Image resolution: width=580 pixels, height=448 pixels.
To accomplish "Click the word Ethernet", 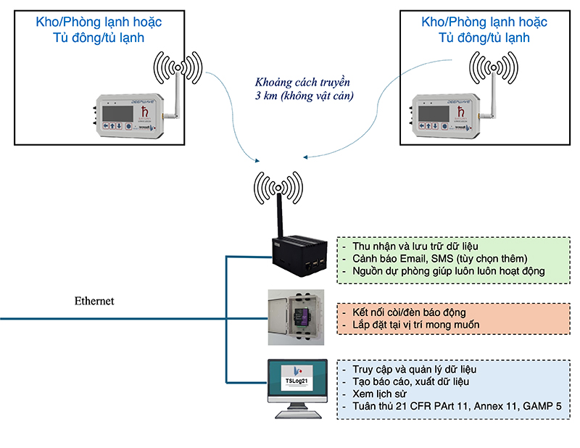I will coord(94,301).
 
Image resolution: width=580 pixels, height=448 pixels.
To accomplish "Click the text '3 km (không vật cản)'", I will coord(299,96).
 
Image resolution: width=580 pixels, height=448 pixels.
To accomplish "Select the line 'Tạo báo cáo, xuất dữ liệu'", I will coord(411,381).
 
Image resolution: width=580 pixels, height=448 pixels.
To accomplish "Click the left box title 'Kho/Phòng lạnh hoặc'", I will coord(99,22).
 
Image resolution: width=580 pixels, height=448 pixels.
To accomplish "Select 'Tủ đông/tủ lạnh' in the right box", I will coord(484,38).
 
